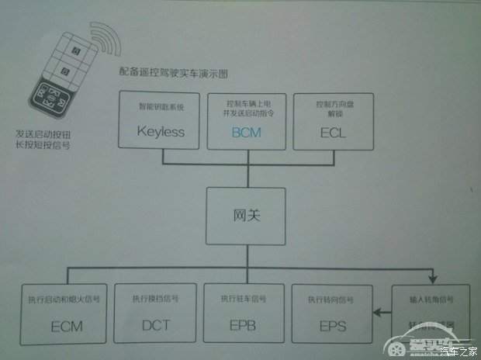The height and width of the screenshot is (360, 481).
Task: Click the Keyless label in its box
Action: pyautogui.click(x=161, y=131)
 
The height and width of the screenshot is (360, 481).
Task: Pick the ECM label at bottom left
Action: pyautogui.click(x=67, y=325)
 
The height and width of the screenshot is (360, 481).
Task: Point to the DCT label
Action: pyautogui.click(x=156, y=325)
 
